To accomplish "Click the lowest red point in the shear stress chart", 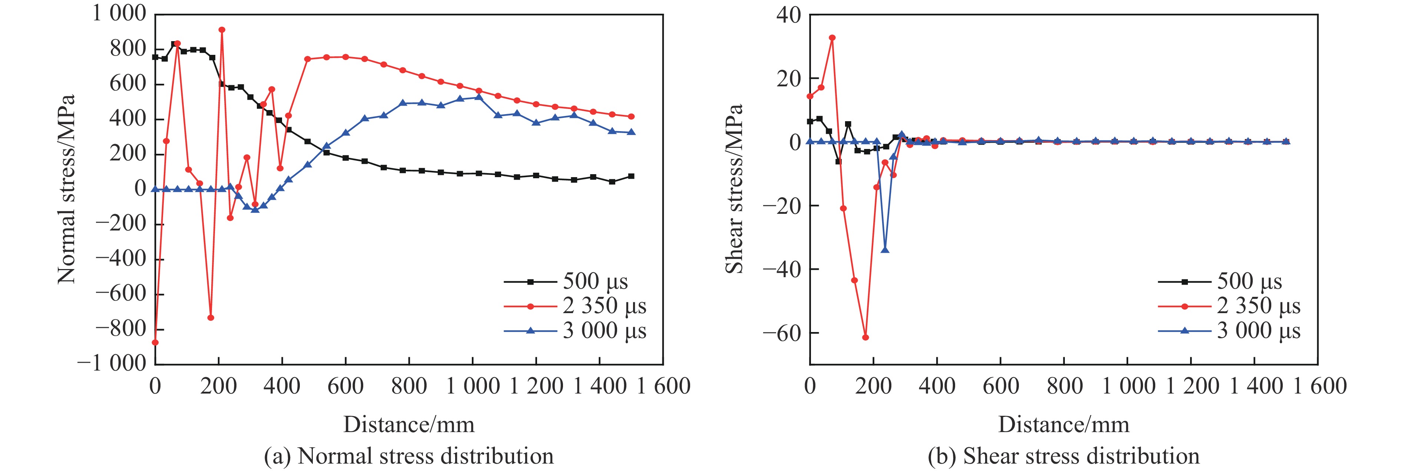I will point(865,337).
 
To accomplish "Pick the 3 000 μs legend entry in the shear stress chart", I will point(1229,331).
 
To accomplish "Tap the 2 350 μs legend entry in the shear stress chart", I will point(1229,306).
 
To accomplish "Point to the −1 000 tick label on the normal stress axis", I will point(112,363).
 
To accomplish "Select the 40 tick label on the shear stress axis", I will point(789,15).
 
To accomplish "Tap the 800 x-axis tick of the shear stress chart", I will point(1064,386).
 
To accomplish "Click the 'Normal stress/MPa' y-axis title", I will point(66,189).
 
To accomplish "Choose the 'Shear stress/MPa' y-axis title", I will point(734,189).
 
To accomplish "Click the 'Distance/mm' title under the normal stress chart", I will point(409,424).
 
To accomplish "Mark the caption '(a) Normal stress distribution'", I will point(409,456).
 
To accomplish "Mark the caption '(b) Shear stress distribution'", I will point(1064,456).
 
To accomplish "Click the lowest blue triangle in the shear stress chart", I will point(885,250).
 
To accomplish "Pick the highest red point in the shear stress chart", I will point(832,37).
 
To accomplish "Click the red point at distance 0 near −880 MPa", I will point(156,342).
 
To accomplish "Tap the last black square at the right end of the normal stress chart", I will point(631,176).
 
